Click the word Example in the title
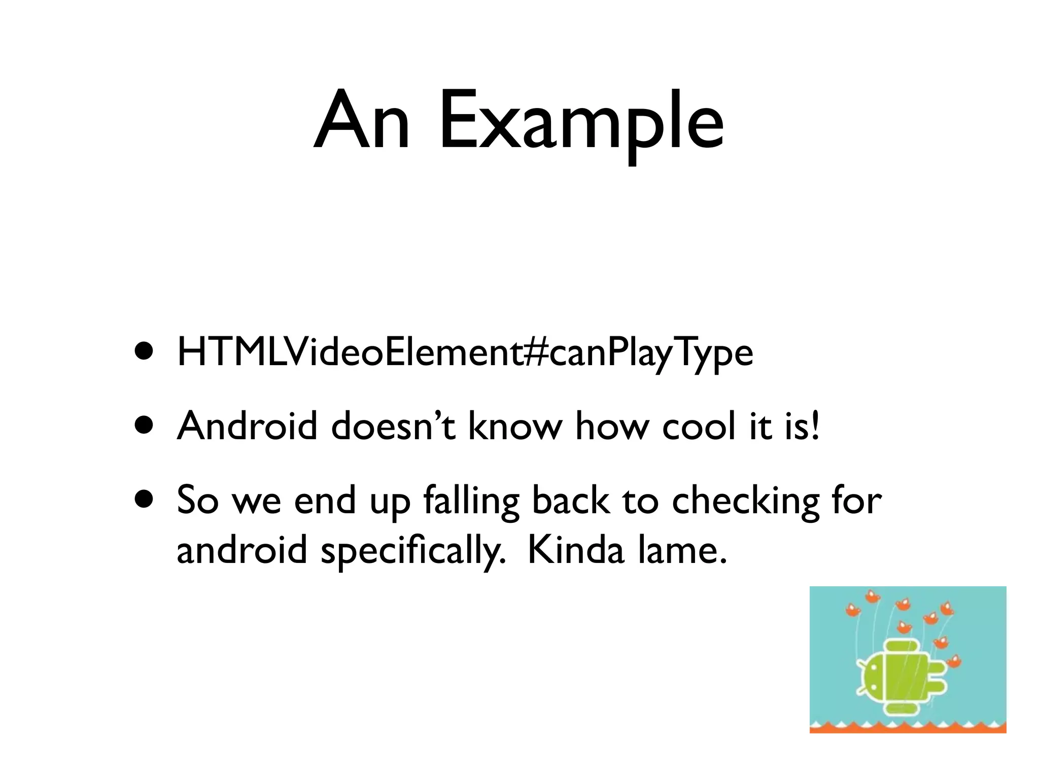pyautogui.click(x=581, y=121)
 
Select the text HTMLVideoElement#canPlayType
pyautogui.click(x=465, y=353)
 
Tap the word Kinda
pyautogui.click(x=575, y=550)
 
